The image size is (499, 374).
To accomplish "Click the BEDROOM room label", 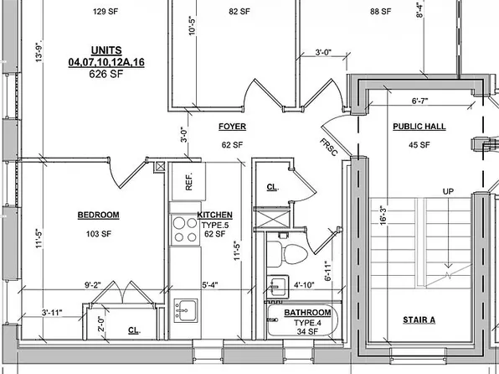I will click(x=98, y=215).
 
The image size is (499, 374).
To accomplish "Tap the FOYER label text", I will click(x=231, y=127).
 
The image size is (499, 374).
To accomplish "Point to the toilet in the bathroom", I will click(x=287, y=252).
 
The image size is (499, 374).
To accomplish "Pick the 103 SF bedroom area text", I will click(x=98, y=233).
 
